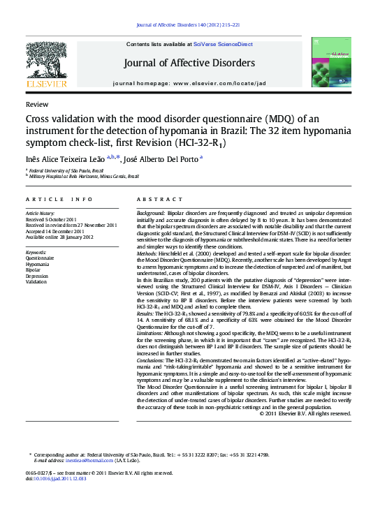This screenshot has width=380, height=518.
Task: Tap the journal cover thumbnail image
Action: coord(332,64)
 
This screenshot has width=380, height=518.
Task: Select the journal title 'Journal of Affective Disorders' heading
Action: coord(189,64)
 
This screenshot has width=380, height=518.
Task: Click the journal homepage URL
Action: coord(219,83)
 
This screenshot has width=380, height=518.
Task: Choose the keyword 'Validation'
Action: coord(36,282)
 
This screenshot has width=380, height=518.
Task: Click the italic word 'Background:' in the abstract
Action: coord(151,212)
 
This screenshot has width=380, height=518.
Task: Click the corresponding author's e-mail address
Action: coord(89,461)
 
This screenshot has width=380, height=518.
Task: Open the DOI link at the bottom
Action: coord(59,479)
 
